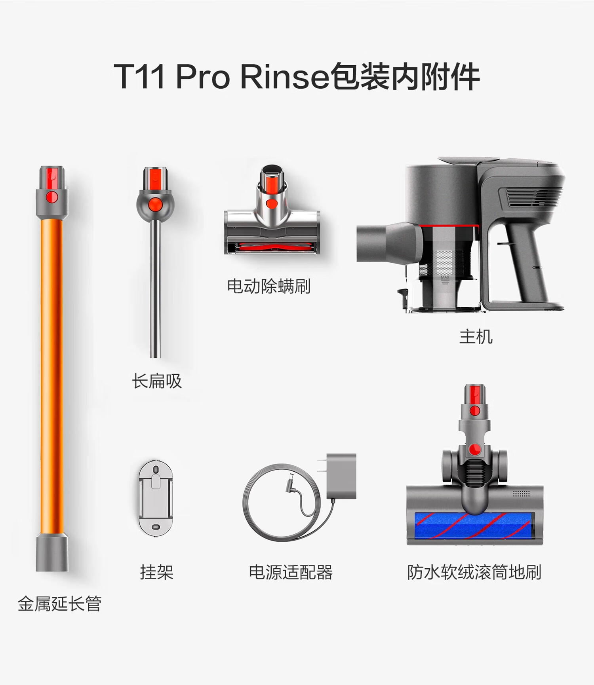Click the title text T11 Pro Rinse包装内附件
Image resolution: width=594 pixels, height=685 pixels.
point(297,76)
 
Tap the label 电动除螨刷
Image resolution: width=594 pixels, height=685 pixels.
point(268,286)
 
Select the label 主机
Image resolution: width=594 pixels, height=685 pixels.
point(476,337)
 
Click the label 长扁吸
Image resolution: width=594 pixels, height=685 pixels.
point(157,381)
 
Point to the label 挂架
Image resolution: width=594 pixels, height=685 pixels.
point(156,572)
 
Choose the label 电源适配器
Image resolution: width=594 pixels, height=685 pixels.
point(291,572)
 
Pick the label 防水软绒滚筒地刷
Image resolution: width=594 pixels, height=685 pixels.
point(474,572)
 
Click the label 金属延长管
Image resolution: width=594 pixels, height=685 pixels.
point(59,604)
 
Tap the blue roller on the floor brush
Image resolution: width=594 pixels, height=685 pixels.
point(474,526)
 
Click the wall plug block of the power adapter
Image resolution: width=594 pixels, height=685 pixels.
point(341,476)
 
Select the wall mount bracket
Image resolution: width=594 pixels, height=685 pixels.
point(156,498)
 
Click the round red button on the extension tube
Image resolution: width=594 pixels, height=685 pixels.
point(52,197)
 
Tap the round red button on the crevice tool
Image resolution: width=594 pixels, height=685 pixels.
point(155,203)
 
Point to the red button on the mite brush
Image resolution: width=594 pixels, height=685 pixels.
point(272,204)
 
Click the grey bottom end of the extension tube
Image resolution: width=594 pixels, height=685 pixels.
point(52,552)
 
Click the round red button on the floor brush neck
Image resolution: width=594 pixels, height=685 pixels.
point(474,449)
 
